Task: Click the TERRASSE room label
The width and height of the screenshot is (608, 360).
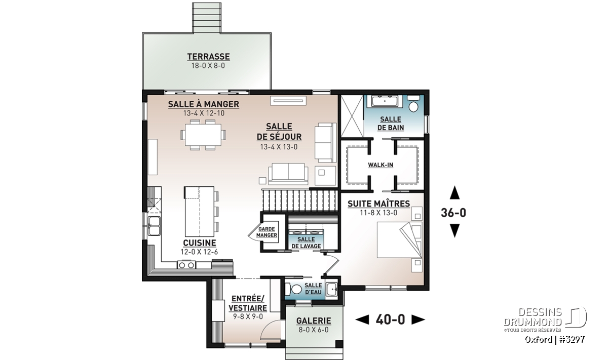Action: pos(208,56)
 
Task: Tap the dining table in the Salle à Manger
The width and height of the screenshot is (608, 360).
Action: pos(203,135)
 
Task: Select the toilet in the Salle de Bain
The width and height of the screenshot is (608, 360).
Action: pos(413,104)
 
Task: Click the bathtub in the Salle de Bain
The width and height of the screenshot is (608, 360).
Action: pos(384,101)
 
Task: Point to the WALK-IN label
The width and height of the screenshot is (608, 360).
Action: pos(381,165)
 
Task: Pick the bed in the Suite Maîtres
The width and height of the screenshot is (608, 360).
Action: pos(400,240)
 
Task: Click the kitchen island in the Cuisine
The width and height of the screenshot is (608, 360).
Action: pos(200,211)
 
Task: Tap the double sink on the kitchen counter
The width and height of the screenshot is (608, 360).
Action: pos(154,226)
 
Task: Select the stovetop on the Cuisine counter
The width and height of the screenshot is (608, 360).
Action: pos(186,264)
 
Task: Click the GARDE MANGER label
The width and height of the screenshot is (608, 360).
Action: pos(267,232)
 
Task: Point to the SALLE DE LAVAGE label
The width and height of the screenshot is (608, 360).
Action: pos(306,243)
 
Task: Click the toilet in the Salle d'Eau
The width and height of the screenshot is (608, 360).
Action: pos(293,289)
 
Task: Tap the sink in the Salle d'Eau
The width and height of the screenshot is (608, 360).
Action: pos(331,290)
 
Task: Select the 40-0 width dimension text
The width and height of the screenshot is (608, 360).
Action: pos(390,319)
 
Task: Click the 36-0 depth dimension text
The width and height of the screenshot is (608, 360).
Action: pos(453,213)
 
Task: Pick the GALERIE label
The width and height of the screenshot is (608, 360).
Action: pos(314,321)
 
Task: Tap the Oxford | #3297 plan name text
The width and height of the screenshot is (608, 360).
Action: pos(554,339)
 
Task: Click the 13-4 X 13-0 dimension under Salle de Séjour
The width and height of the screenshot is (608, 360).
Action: pos(279,147)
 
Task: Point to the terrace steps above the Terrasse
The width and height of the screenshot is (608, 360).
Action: pos(207,18)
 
